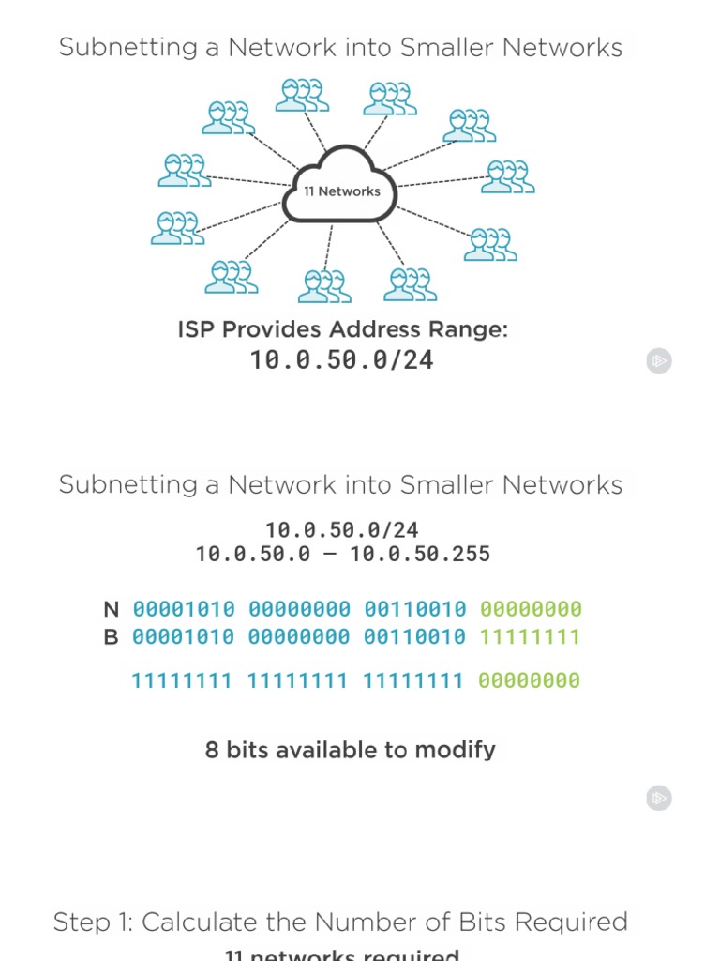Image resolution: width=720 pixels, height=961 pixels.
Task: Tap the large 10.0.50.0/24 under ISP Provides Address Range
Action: (x=341, y=360)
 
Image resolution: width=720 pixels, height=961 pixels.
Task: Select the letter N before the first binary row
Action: (x=112, y=609)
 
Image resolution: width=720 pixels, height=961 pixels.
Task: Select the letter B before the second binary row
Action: (x=112, y=637)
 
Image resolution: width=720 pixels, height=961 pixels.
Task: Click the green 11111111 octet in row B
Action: (x=530, y=637)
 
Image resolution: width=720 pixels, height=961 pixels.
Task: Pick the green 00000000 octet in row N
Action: (x=530, y=609)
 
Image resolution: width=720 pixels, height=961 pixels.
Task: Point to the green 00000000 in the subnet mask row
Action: (x=529, y=680)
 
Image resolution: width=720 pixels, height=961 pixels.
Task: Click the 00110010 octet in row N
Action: (x=414, y=609)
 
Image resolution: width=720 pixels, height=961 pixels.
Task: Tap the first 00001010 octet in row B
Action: (x=184, y=637)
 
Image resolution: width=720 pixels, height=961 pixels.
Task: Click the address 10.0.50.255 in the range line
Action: (x=420, y=555)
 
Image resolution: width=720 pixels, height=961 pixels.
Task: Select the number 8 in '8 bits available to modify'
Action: (x=212, y=750)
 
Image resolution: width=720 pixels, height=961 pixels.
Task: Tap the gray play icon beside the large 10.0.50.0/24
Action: (x=659, y=360)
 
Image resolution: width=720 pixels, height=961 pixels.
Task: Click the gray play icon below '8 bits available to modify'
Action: (x=659, y=799)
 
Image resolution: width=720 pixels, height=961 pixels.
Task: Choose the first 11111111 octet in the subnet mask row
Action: (x=182, y=680)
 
